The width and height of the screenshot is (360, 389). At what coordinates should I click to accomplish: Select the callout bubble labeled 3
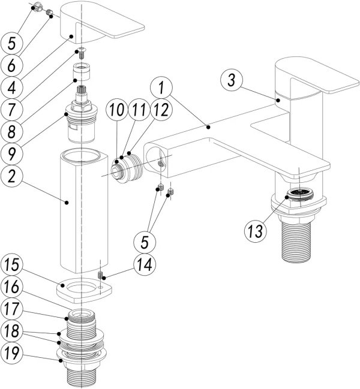pyautogui.click(x=233, y=78)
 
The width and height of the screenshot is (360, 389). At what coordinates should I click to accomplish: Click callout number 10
pyautogui.click(x=116, y=111)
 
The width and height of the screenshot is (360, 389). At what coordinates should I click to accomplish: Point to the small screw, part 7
pyautogui.click(x=82, y=52)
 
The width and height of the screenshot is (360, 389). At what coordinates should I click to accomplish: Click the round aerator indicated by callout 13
pyautogui.click(x=298, y=194)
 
